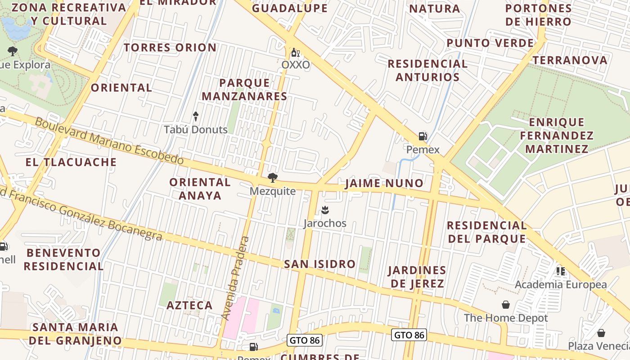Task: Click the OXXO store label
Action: tap(296, 65)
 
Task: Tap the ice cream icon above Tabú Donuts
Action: tap(196, 117)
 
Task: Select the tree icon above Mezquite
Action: tap(272, 177)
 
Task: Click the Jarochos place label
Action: tap(325, 223)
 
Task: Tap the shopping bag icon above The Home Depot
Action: tap(506, 305)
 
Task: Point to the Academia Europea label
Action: tap(561, 284)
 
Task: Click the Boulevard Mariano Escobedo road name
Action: tap(109, 141)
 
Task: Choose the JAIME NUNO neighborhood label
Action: tap(384, 183)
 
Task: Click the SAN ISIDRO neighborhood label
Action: tap(319, 264)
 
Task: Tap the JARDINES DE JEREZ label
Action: tap(417, 277)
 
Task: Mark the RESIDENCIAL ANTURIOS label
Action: tap(427, 70)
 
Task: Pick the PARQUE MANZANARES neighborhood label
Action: tap(244, 89)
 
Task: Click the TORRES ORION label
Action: tap(170, 47)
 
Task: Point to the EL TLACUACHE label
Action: tap(71, 162)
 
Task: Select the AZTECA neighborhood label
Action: tap(189, 305)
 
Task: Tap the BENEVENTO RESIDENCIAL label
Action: tap(63, 259)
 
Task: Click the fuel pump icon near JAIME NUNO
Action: tap(423, 136)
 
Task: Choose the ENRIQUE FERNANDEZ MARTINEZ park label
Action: tap(557, 135)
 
